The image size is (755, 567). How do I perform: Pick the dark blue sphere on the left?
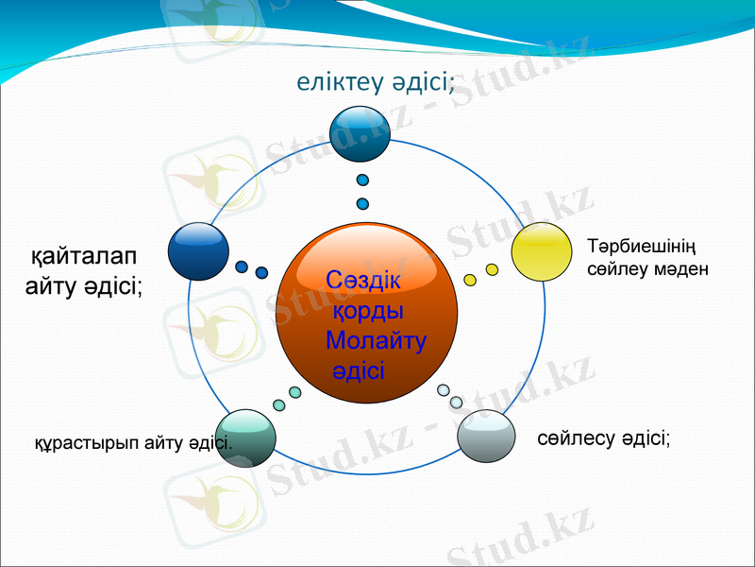pos(198,251)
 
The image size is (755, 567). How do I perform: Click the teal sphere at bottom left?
pos(246,438)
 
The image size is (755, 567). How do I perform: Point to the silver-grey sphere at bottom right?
pos(487,436)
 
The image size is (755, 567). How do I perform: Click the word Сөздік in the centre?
pos(363,281)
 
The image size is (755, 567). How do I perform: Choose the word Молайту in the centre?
pos(376,340)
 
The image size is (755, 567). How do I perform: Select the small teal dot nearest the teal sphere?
pos(278,404)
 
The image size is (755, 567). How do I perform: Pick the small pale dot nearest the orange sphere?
pos(444,389)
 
